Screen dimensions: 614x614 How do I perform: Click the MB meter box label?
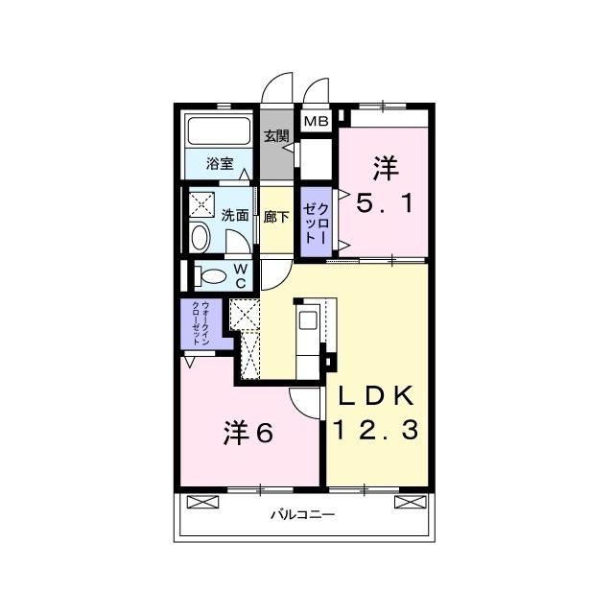coord(316,122)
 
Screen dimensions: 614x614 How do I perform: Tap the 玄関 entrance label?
coord(276,136)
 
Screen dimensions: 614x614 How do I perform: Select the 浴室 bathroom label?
coord(220,164)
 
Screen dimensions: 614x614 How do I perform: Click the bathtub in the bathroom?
coord(219,131)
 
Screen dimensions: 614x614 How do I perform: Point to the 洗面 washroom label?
coord(235,215)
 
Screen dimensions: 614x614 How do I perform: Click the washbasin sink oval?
coord(200,237)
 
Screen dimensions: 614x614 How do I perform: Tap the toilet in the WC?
coord(211,276)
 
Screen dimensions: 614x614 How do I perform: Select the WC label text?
coord(241,275)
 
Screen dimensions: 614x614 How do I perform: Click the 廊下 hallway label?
coord(276,217)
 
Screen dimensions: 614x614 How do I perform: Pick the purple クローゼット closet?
coord(317,222)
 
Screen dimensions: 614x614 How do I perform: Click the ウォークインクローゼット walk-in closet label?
coord(201,323)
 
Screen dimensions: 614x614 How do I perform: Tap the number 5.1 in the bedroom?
coord(385,204)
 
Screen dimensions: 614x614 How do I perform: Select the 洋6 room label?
coord(248,433)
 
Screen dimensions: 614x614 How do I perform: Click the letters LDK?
coord(376,396)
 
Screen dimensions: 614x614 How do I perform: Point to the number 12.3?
coord(376,430)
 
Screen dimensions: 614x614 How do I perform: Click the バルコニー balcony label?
coord(303,514)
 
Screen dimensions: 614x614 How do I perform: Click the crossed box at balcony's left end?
coord(202,502)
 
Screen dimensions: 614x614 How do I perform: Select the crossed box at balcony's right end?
coord(410,502)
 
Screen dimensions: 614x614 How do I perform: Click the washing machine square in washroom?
coord(201,204)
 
